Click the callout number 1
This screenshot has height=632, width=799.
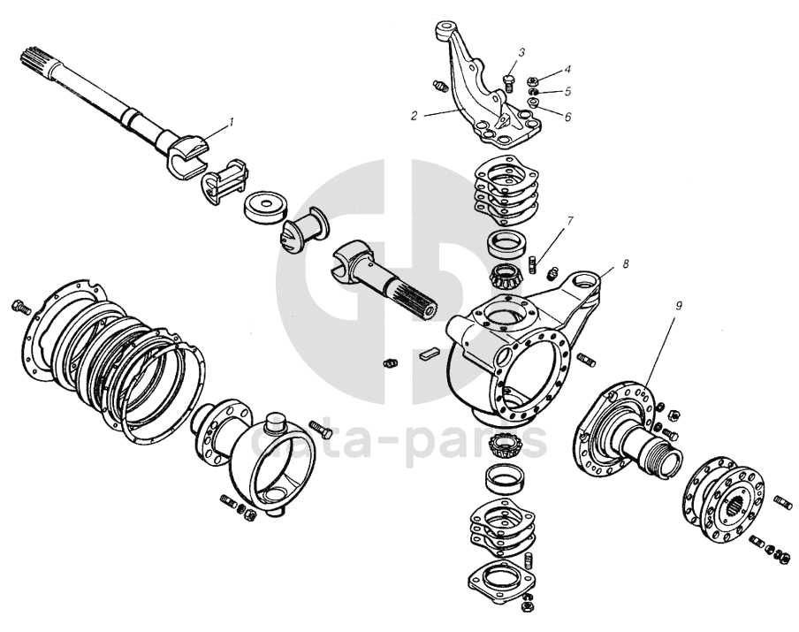(x=232, y=122)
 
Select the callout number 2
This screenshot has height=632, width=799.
(x=415, y=116)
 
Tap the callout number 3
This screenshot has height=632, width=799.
(x=521, y=52)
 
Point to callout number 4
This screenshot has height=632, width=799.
(x=567, y=69)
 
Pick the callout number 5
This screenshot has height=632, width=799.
(x=567, y=92)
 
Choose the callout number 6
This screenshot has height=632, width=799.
(x=567, y=117)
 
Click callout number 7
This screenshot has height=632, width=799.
(x=569, y=221)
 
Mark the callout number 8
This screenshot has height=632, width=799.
(x=625, y=263)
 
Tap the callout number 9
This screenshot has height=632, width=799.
(x=678, y=307)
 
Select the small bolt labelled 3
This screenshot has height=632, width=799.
(x=507, y=83)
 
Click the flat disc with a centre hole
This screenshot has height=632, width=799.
(x=266, y=207)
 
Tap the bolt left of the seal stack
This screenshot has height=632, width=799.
(x=21, y=307)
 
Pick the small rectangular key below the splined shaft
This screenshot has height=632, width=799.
(x=428, y=354)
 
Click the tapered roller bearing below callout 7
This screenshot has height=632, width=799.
(x=506, y=278)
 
